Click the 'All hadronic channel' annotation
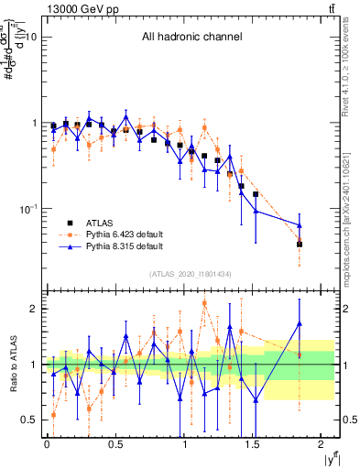191,38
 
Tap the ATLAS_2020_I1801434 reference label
191,274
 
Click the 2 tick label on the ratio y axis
33,310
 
